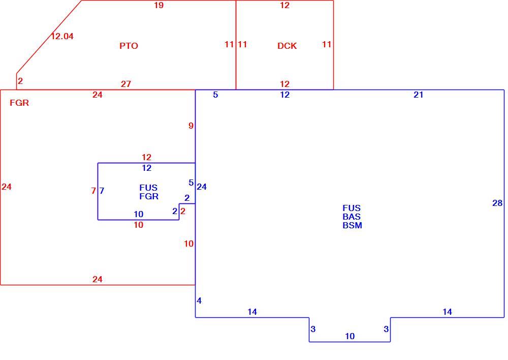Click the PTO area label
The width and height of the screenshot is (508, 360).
click(129, 46)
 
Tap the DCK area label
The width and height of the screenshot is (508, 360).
click(287, 46)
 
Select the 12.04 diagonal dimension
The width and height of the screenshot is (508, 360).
click(62, 36)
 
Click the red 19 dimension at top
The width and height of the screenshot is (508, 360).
click(158, 5)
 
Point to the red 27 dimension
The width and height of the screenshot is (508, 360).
click(126, 84)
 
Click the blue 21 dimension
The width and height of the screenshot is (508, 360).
click(418, 95)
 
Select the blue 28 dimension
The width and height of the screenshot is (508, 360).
click(497, 203)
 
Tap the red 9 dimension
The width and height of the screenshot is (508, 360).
click(191, 126)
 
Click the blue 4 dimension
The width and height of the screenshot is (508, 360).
click(199, 301)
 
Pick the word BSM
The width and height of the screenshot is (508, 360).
click(352, 225)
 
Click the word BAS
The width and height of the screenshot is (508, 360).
click(352, 217)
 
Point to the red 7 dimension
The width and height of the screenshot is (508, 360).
click(93, 191)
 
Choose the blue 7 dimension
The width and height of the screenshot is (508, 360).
click(102, 191)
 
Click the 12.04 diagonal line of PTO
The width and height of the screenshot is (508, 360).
click(49, 37)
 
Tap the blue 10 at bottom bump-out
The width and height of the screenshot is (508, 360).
click(350, 336)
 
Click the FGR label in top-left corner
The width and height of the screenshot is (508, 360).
click(19, 103)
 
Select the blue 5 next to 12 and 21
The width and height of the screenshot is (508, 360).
click(215, 95)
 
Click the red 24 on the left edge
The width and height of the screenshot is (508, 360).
click(7, 187)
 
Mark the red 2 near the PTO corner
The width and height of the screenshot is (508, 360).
click(20, 81)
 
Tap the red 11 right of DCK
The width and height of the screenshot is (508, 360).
click(327, 44)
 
